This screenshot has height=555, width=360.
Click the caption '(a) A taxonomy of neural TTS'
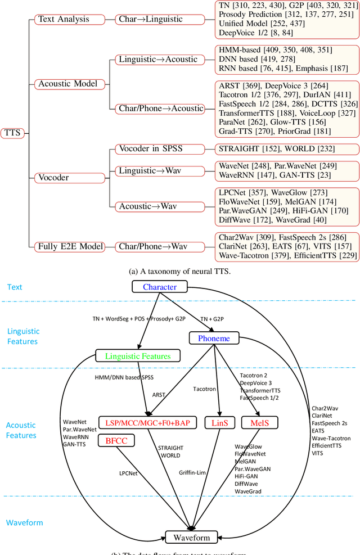tap(180, 271)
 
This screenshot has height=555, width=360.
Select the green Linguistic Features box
tap(137, 355)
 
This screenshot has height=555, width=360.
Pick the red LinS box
tap(220, 421)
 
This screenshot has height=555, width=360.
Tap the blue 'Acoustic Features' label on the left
tap(21, 431)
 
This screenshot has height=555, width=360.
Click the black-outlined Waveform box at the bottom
tap(191, 538)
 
